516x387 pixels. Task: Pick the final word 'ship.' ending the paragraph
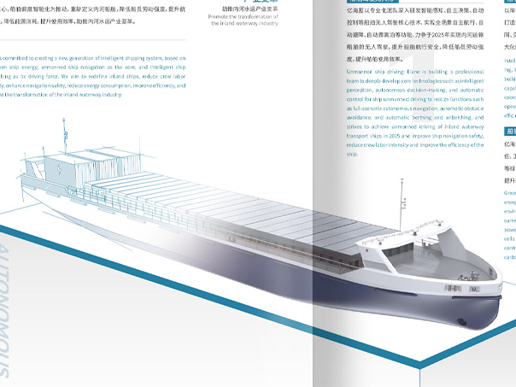click(352, 155)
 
